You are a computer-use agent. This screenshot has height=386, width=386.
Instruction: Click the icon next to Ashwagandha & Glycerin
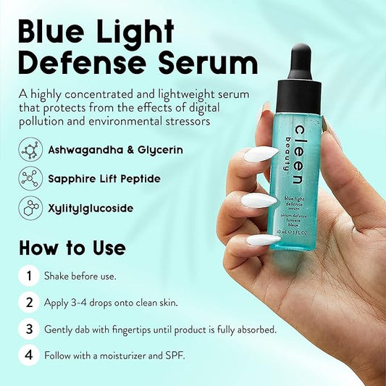pos(30,150)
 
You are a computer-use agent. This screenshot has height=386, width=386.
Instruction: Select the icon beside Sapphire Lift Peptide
pos(30,178)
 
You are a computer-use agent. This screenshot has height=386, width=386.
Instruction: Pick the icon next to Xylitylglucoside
pos(30,208)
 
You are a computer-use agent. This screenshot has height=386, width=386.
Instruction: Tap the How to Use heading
pos(72,248)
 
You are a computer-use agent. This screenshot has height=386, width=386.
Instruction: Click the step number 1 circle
pos(28,276)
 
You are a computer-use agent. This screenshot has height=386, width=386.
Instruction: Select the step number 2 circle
pos(28,303)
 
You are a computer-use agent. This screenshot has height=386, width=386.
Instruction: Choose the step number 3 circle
pos(28,330)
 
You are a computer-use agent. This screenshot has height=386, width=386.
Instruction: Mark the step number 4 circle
pos(28,356)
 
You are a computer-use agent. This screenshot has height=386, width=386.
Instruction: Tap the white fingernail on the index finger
pos(261,154)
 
